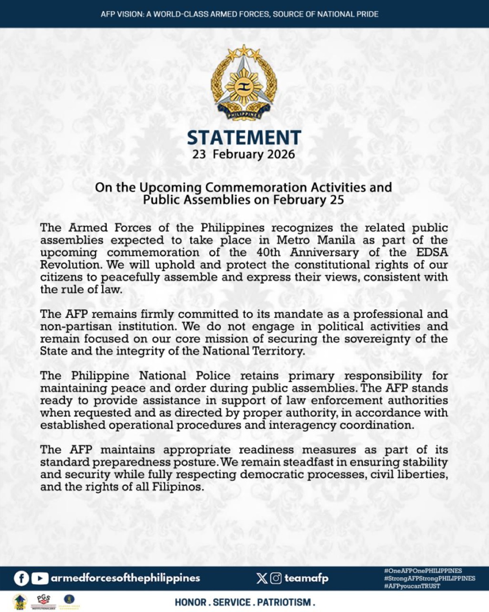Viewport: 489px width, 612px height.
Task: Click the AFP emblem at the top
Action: (x=244, y=83)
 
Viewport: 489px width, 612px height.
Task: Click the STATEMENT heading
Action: (x=244, y=138)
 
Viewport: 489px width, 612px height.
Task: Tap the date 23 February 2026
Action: (x=244, y=155)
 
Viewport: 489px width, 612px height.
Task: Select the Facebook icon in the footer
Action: (x=21, y=578)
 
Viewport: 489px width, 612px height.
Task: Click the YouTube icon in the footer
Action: (x=40, y=578)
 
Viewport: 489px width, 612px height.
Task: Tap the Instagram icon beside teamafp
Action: (x=276, y=578)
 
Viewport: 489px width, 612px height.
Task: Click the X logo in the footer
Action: (x=262, y=578)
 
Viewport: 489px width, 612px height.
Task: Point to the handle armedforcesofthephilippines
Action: (x=126, y=578)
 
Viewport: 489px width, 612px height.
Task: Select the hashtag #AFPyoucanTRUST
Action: (x=412, y=586)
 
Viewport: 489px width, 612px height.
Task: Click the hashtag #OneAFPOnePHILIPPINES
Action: (x=423, y=571)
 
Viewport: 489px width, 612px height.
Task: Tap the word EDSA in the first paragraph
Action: (x=432, y=252)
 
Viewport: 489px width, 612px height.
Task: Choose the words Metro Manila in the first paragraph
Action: (x=316, y=240)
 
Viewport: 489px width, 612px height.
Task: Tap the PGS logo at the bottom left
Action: (x=44, y=601)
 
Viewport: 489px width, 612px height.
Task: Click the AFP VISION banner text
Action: (x=240, y=14)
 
